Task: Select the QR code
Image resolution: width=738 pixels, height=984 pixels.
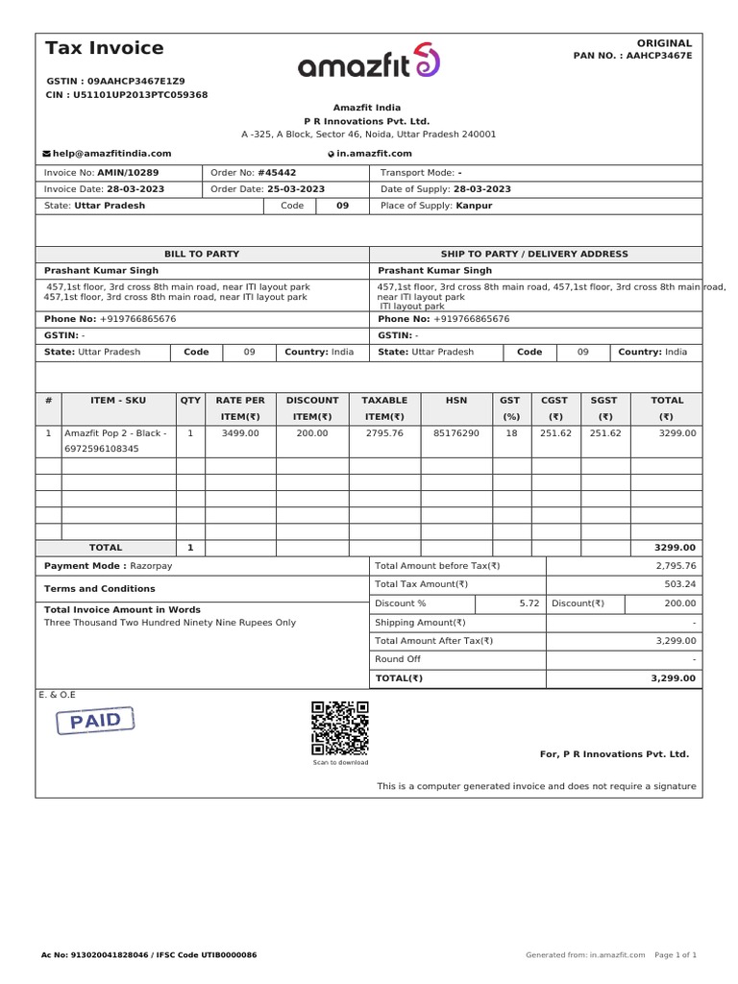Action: (x=340, y=727)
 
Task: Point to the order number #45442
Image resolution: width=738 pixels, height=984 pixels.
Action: (x=277, y=173)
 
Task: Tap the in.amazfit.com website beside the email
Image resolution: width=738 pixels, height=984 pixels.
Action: (x=374, y=154)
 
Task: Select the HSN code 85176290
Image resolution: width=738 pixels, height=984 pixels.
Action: (x=456, y=433)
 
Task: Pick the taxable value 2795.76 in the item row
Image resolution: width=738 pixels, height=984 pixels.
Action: (x=384, y=433)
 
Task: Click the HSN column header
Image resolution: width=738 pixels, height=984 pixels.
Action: (x=456, y=400)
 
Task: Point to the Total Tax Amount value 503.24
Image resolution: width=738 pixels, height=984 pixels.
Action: (x=680, y=584)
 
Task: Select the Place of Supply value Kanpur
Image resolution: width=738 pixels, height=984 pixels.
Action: (x=475, y=206)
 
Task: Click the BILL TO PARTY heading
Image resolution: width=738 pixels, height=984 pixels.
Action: (x=202, y=254)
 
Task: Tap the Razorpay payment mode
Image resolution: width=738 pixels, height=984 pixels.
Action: (x=151, y=566)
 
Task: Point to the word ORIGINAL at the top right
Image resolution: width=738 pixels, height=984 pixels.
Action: (x=664, y=43)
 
